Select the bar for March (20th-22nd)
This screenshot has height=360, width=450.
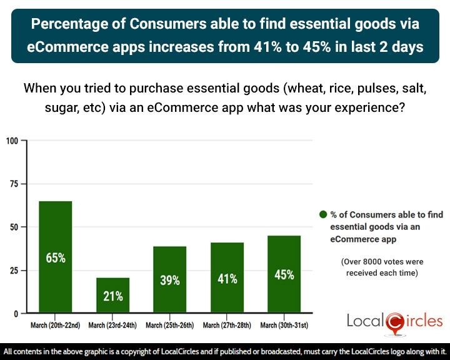[56, 256]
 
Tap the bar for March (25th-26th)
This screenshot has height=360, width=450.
[169, 279]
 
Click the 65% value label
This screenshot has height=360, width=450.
[56, 257]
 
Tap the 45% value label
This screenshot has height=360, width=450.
[284, 274]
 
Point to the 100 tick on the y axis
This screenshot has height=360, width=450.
[12, 141]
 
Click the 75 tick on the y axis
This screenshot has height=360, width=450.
[14, 184]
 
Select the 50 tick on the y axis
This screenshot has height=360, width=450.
[14, 227]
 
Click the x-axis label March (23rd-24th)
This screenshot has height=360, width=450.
[112, 325]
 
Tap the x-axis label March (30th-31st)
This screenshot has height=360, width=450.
[284, 325]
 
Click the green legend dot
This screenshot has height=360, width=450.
[323, 215]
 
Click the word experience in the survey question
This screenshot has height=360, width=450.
[370, 106]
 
